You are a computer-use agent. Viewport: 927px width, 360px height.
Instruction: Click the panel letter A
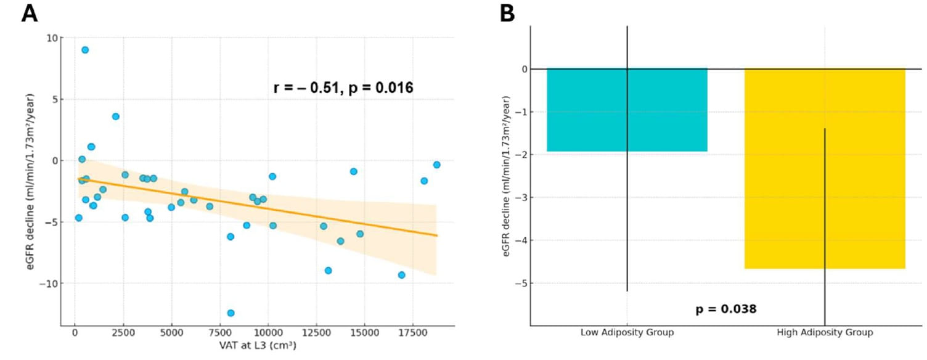pos(29,13)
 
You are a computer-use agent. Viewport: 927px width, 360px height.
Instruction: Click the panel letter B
pos(507,13)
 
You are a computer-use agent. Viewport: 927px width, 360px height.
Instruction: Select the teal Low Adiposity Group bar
pos(627,110)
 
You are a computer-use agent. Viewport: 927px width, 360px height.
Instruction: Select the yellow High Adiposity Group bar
pos(825,168)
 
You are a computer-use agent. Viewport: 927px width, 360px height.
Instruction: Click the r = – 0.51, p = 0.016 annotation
pos(343,88)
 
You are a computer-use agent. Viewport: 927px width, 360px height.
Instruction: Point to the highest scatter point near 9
pos(85,50)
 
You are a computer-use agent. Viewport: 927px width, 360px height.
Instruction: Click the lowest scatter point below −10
pos(231,313)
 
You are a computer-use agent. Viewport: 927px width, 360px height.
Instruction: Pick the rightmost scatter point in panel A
pos(436,165)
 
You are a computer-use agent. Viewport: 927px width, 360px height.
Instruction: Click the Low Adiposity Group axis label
pos(627,333)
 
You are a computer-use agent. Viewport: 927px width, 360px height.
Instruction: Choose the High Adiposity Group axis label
pos(825,333)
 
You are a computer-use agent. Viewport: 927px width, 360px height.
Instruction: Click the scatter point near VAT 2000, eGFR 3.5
pos(115,116)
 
